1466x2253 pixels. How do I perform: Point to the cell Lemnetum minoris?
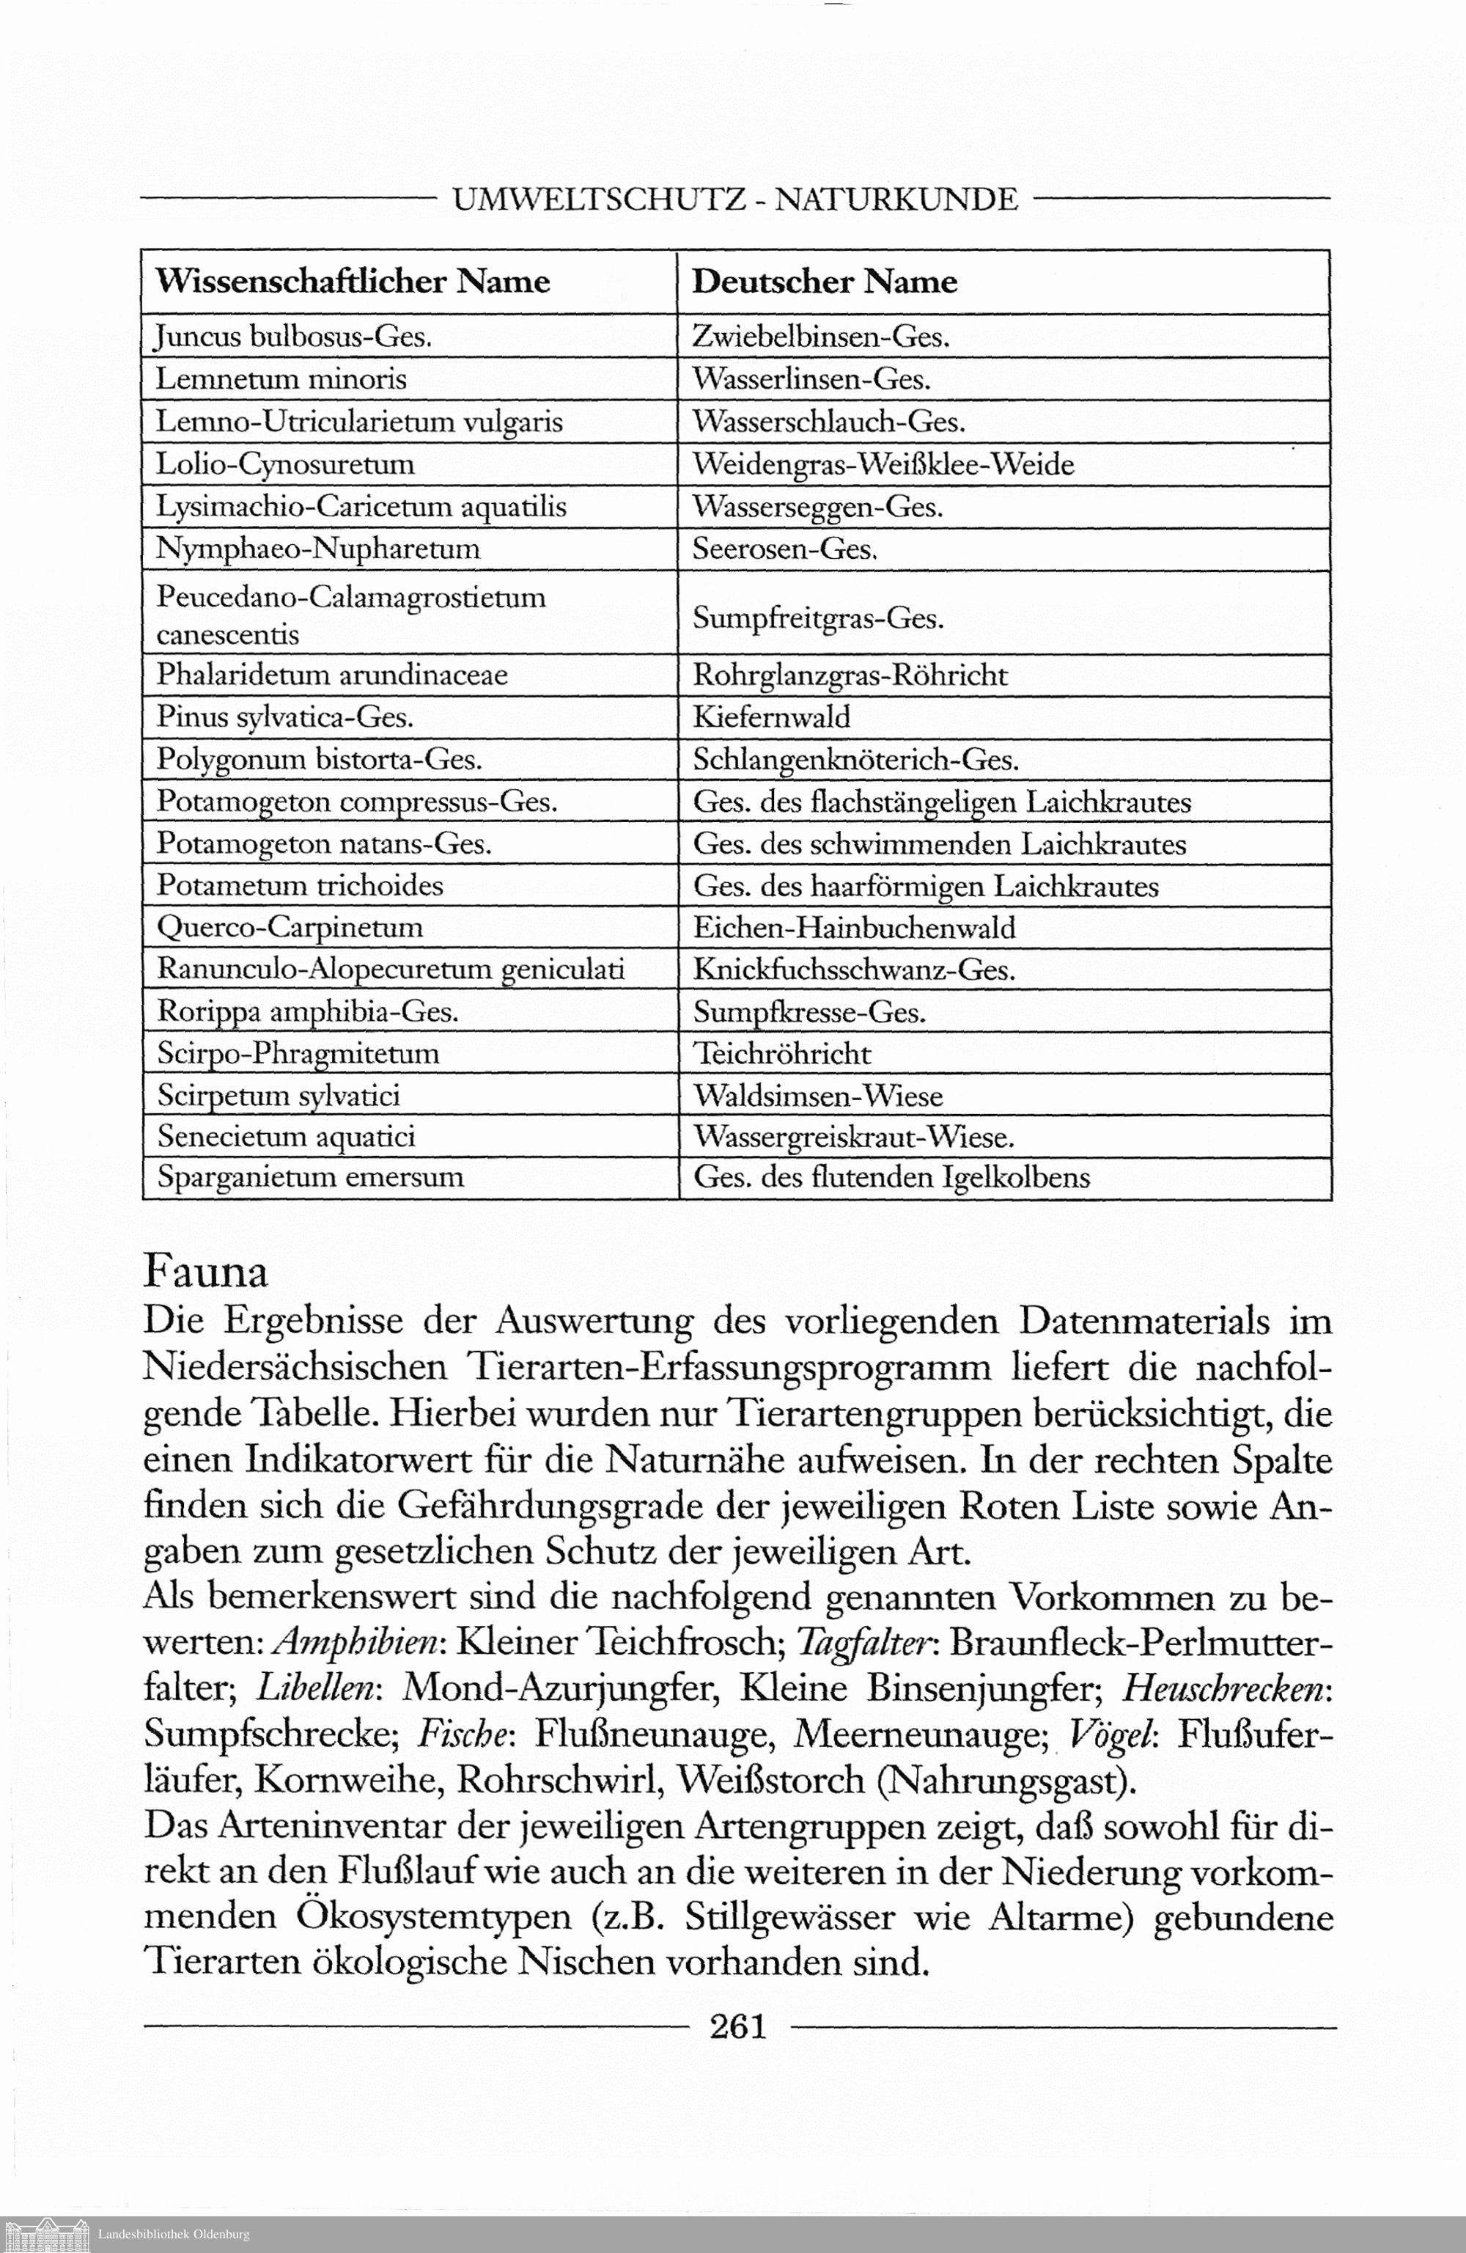(281, 378)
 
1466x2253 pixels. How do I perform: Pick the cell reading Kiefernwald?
(771, 717)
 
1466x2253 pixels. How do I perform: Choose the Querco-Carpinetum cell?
(290, 927)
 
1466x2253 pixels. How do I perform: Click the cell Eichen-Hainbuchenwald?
(854, 927)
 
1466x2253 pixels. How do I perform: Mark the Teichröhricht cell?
(781, 1054)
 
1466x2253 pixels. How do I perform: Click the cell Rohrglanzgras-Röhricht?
(850, 675)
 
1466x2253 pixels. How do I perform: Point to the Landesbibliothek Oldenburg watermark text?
(173, 2235)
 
